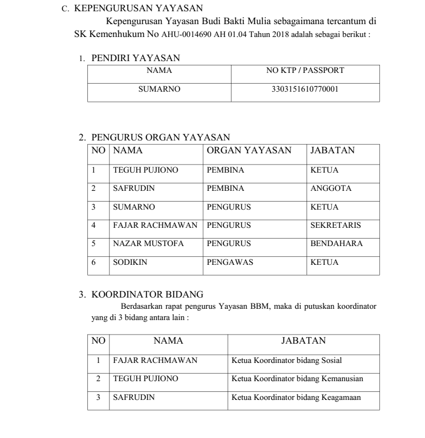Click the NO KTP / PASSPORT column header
[305, 70]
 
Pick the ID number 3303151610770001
[305, 90]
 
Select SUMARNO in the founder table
[159, 90]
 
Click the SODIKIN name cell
[128, 262]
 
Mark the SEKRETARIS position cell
[335, 226]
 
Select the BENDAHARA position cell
[337, 244]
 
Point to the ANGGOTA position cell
[331, 189]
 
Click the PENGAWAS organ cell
[230, 262]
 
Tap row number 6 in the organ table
[94, 262]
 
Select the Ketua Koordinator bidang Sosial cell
[287, 361]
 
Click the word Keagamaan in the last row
[341, 397]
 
